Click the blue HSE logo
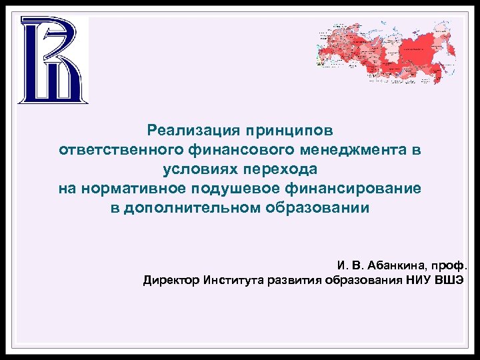point(52,60)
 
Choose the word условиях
point(197,169)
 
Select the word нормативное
point(133,189)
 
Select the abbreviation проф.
point(451,265)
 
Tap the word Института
point(235,280)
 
